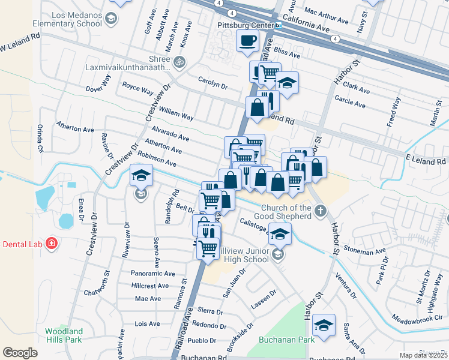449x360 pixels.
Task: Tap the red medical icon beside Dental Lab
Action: [52, 244]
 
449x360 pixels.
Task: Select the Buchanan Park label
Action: [286, 339]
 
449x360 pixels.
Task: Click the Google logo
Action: [20, 352]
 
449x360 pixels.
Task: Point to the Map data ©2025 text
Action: [423, 355]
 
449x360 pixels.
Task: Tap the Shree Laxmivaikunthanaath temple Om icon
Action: [178, 61]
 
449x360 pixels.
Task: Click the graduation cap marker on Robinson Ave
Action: [141, 176]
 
